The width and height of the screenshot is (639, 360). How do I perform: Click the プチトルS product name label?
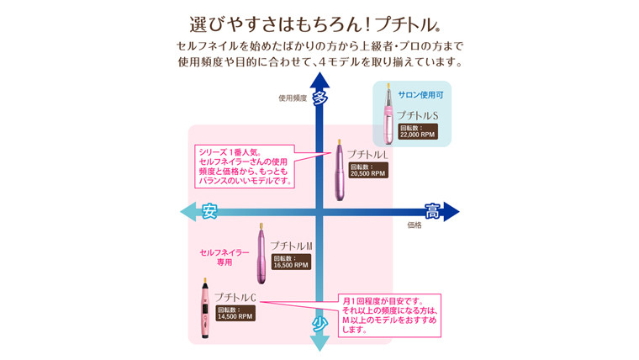tap(418, 115)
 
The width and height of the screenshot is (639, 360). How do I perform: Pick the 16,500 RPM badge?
tap(290, 261)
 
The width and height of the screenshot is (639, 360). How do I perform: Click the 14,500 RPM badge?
tap(234, 313)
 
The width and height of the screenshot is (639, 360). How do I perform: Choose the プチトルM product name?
tap(291, 245)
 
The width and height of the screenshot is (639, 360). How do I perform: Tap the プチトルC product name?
tap(235, 297)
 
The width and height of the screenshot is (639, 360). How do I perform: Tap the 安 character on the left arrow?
tap(209, 211)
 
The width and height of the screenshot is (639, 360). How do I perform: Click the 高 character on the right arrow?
tap(431, 211)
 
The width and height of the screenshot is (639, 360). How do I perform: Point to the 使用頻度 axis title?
tap(293, 98)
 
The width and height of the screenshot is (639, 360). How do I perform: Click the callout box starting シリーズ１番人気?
tap(245, 167)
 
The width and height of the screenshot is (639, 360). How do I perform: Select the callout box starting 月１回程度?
tap(390, 315)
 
